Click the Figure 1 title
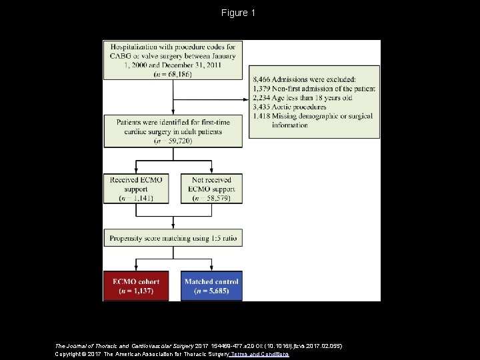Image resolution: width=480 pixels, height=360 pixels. point(239,13)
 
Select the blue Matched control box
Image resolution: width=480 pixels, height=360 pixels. point(211,286)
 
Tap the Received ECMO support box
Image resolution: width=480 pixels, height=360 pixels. point(136,189)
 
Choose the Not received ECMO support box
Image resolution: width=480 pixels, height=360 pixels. point(211,189)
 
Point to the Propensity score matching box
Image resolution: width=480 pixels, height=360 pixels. point(173,237)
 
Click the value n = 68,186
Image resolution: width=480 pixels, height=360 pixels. point(173,75)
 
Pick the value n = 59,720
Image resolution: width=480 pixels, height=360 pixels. point(173,141)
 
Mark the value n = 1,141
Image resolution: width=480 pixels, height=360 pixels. point(136,198)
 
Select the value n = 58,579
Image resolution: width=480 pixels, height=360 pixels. point(211,198)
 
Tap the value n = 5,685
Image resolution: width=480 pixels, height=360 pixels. point(211,291)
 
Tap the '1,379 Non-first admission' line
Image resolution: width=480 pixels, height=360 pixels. point(314,89)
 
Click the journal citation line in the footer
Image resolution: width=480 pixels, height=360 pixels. point(198,346)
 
